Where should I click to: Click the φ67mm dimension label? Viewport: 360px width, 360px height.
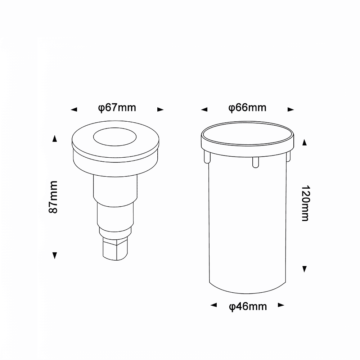click(117, 108)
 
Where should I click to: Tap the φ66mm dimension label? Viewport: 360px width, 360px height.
click(247, 108)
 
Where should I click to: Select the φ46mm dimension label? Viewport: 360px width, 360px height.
click(248, 307)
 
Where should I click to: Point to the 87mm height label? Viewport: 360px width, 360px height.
click(53, 197)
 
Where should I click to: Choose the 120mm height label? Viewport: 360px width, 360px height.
click(306, 203)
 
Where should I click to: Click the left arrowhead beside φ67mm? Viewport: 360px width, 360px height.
click(74, 109)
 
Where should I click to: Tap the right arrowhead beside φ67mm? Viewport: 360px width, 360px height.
click(161, 109)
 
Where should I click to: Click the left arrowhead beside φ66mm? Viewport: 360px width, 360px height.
click(204, 109)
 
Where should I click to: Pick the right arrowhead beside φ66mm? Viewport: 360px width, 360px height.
click(291, 109)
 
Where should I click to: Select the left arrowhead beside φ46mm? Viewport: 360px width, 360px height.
click(213, 305)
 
